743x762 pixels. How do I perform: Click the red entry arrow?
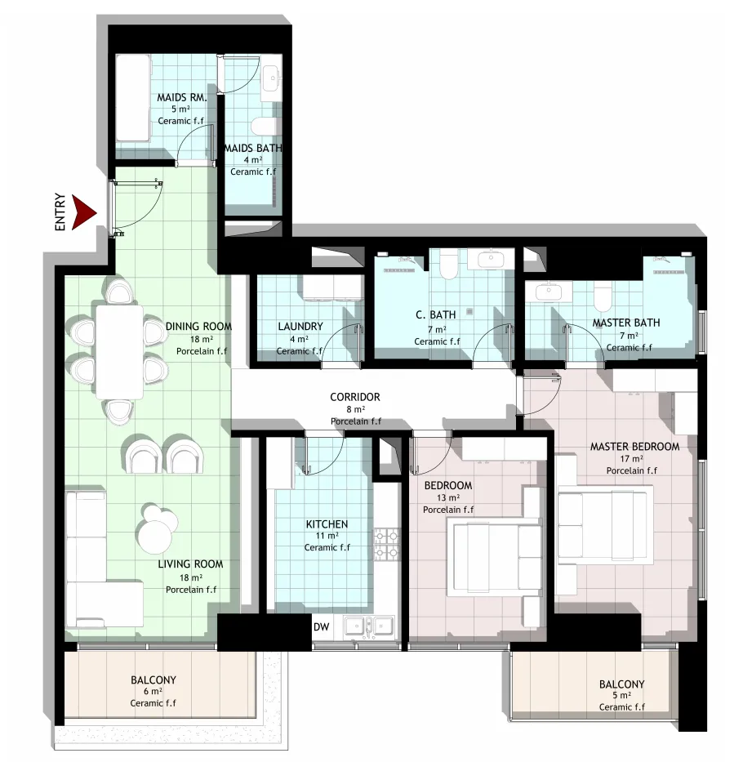(83, 212)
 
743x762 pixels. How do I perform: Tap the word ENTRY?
(60, 212)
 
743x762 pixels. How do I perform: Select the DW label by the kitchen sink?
(321, 627)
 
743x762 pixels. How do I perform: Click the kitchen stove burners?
(387, 544)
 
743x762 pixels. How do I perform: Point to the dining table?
(119, 352)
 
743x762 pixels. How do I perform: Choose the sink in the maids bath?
(272, 78)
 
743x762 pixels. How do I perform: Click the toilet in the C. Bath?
(448, 265)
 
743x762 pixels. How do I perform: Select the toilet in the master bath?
(603, 297)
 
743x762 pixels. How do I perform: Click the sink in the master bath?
(549, 292)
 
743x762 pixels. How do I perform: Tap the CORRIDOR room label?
(354, 397)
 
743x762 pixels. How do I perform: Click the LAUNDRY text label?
(300, 327)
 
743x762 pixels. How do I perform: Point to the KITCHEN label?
(327, 524)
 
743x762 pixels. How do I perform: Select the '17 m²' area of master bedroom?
(631, 459)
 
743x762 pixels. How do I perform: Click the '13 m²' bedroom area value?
(448, 497)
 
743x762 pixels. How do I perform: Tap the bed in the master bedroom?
(606, 525)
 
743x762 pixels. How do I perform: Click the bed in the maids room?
(132, 98)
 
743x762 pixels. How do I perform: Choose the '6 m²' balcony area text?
(153, 691)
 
